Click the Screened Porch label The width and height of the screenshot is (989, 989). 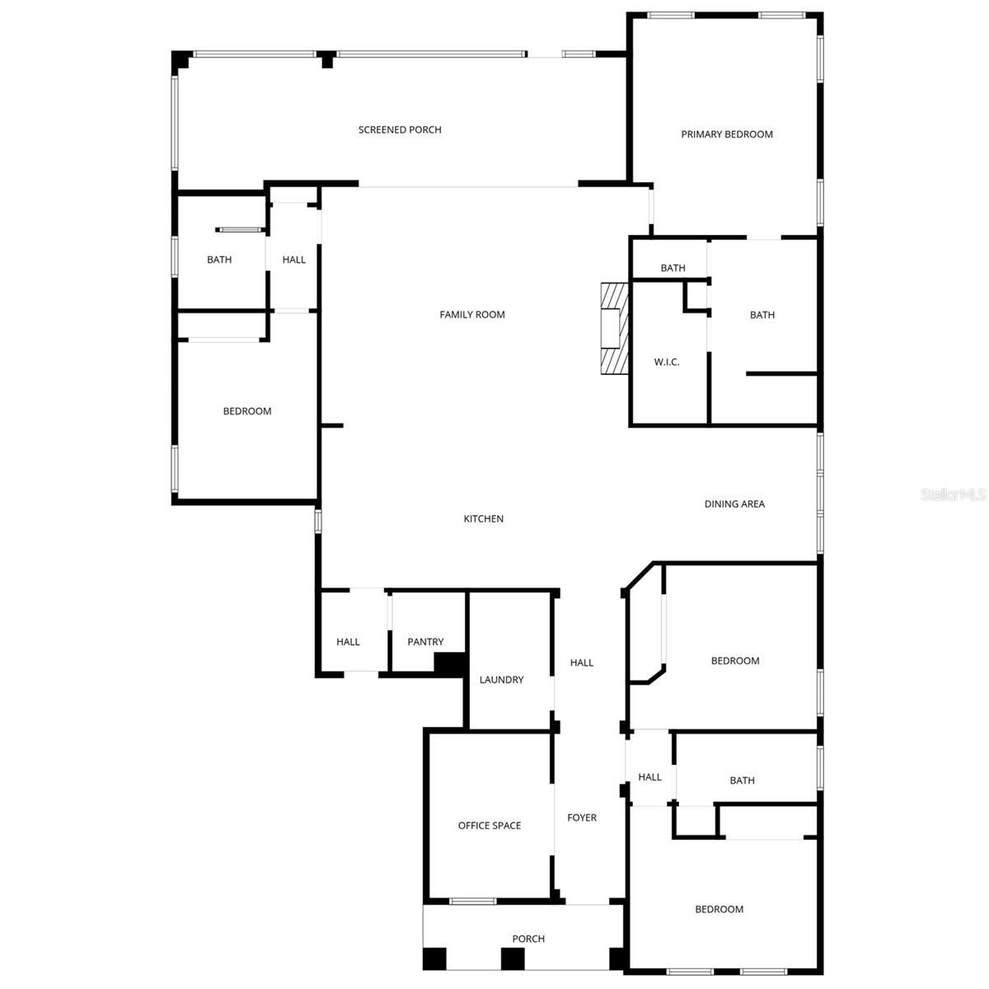400,129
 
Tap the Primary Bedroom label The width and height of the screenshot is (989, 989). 727,134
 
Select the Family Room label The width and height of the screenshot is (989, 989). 472,314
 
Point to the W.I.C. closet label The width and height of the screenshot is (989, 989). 667,362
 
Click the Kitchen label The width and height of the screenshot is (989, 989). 484,518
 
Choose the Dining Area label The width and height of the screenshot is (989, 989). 734,504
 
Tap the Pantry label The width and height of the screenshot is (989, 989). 425,642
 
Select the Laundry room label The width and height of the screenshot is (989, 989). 501,680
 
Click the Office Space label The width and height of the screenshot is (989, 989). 490,825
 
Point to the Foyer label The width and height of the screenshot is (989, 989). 582,818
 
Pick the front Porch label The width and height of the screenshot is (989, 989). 528,939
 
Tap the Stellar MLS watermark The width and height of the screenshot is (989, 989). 954,494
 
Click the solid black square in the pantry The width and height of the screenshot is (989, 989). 450,664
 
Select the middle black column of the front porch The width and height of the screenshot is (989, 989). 513,959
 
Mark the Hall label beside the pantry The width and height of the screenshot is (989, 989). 348,642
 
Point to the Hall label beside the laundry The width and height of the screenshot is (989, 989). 582,663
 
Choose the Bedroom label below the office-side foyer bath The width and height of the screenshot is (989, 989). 719,909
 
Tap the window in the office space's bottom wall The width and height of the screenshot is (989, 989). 473,901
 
